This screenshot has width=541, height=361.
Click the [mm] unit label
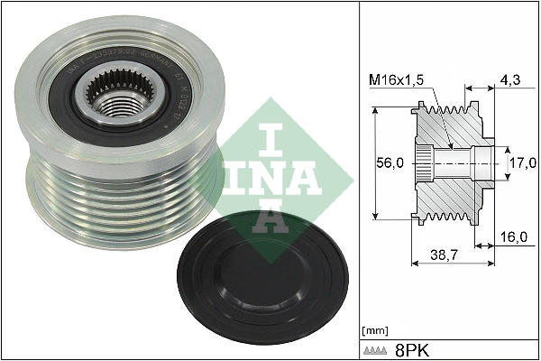point(373,330)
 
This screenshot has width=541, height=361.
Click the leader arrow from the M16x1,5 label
point(438,117)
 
